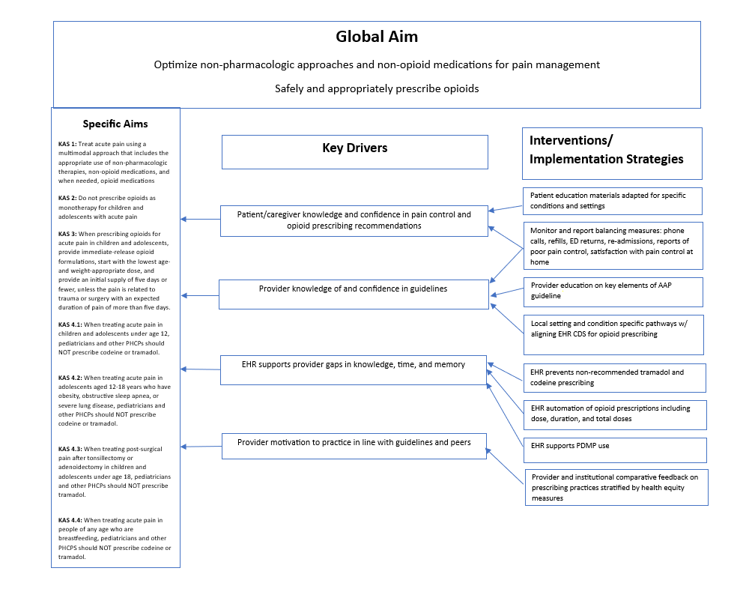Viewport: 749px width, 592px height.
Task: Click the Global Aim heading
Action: tap(376, 37)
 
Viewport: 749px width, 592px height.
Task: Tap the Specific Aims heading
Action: tap(115, 124)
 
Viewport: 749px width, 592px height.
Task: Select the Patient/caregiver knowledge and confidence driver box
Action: tap(354, 220)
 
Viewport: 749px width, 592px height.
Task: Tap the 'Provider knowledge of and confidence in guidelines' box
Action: tap(353, 294)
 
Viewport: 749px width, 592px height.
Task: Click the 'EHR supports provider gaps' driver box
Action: tap(354, 370)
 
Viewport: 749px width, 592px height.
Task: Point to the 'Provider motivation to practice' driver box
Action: tap(354, 446)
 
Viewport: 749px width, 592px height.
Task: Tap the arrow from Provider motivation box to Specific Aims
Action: tap(201, 447)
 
